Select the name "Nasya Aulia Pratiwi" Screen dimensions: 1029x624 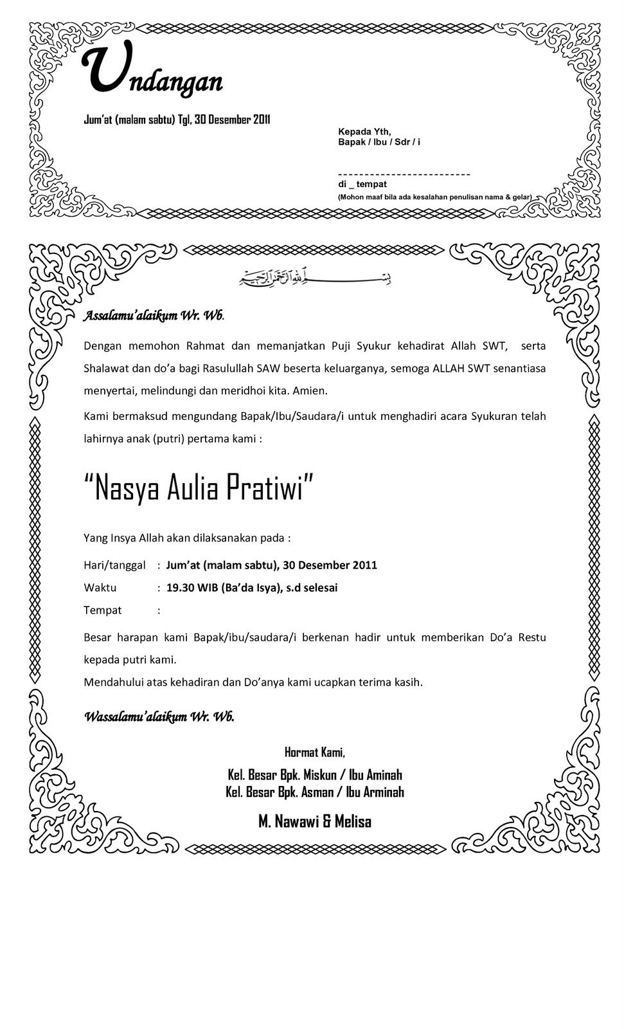click(199, 488)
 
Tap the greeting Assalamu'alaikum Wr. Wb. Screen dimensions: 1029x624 click(154, 316)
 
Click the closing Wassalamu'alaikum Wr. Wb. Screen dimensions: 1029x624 click(159, 716)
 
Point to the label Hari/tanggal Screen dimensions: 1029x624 click(114, 565)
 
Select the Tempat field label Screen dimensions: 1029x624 click(102, 610)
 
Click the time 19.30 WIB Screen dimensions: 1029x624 click(192, 588)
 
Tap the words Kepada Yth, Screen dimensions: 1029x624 click(364, 131)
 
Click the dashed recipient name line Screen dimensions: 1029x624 click(404, 174)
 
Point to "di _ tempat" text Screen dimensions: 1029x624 click(362, 185)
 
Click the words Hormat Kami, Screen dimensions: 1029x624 click(314, 752)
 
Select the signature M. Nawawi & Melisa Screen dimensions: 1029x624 click(314, 821)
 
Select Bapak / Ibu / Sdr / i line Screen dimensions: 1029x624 click(379, 141)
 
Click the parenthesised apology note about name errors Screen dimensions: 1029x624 click(434, 197)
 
